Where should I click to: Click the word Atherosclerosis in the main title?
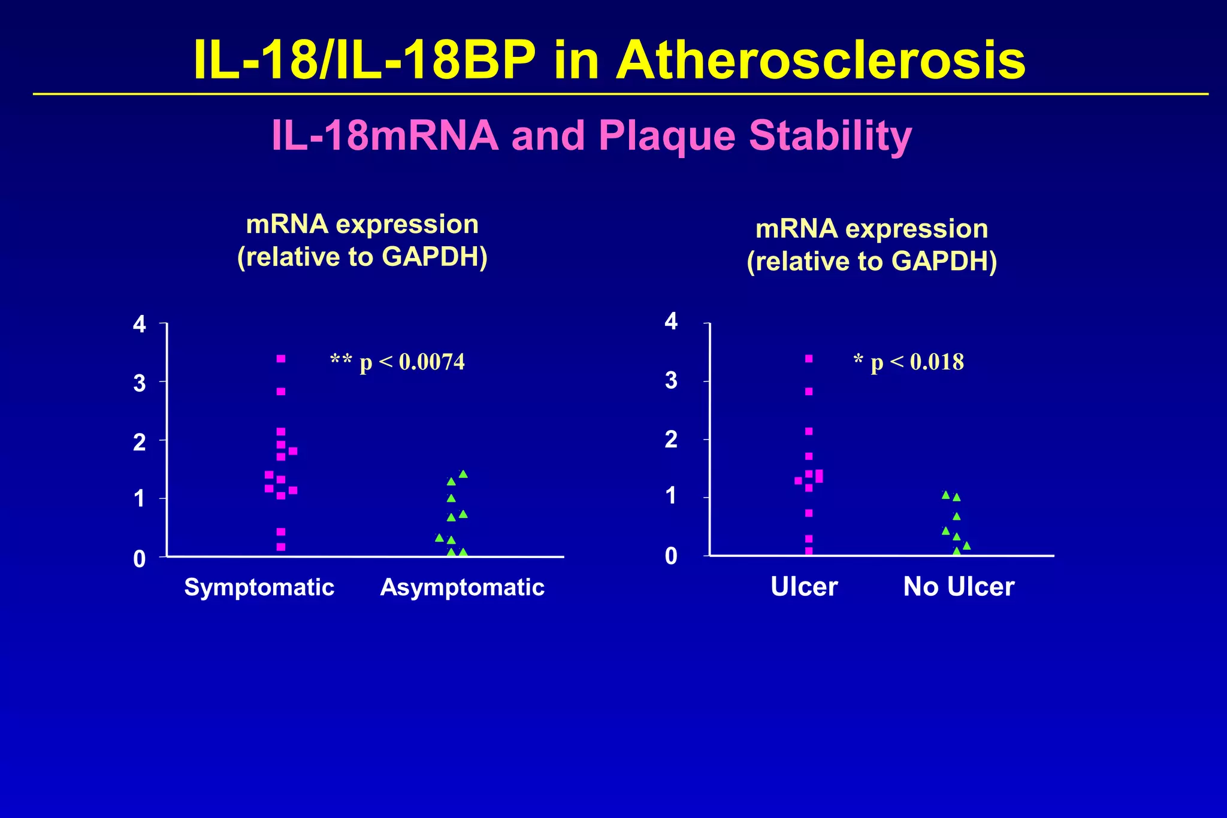[x=821, y=61]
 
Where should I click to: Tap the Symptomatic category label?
[x=259, y=587]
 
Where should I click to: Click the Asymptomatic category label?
[x=462, y=587]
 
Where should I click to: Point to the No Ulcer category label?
[x=959, y=587]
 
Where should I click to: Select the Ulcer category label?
[x=804, y=587]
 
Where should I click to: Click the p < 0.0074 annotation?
[x=398, y=362]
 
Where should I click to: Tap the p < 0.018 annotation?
[x=909, y=362]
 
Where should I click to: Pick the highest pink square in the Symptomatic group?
[x=281, y=359]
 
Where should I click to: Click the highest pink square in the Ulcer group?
[x=809, y=359]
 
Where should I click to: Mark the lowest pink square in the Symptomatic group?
[x=281, y=547]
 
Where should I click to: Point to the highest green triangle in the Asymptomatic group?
[x=463, y=474]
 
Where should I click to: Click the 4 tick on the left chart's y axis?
[x=140, y=325]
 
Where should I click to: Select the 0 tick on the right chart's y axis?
[x=671, y=556]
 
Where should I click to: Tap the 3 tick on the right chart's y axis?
[x=671, y=380]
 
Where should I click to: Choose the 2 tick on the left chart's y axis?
[x=140, y=443]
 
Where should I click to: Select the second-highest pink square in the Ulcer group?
[x=809, y=392]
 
